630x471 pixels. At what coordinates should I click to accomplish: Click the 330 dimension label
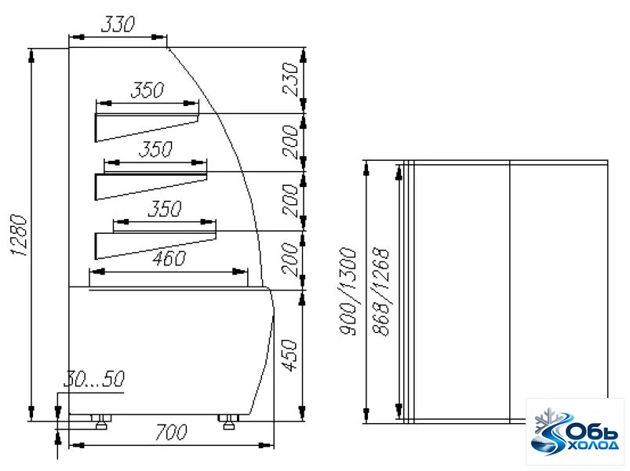[x=118, y=24]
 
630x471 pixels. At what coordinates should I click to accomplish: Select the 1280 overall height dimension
[x=20, y=235]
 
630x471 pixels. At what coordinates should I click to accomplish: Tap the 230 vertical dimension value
[x=290, y=78]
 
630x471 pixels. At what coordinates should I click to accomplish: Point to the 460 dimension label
[x=169, y=258]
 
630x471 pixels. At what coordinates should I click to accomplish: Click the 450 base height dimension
[x=290, y=356]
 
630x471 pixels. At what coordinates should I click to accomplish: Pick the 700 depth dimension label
[x=171, y=432]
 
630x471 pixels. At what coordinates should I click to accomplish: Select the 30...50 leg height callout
[x=94, y=378]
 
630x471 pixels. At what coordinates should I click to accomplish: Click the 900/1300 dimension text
[x=348, y=291]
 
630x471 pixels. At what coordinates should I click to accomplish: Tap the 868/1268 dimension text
[x=381, y=292]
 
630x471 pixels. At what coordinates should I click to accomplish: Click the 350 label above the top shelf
[x=147, y=90]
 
